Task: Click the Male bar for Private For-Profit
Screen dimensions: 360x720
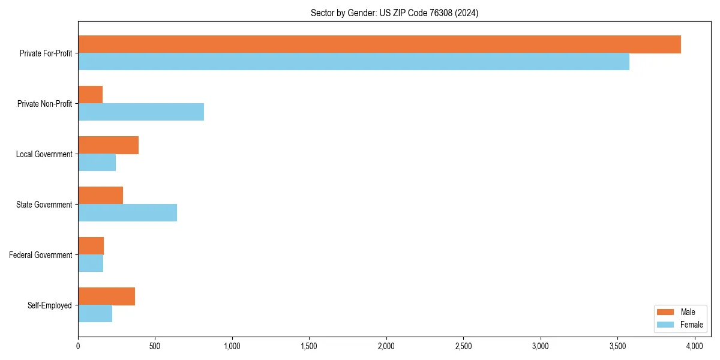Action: [379, 44]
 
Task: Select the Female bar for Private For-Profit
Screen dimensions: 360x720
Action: [353, 62]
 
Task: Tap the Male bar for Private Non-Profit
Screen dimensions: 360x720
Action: [90, 95]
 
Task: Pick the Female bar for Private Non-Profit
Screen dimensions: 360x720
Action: [141, 112]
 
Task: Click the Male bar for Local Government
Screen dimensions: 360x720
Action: [108, 145]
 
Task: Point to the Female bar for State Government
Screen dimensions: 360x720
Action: [127, 213]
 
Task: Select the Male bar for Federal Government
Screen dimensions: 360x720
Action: [91, 246]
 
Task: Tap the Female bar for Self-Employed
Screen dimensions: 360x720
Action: [95, 314]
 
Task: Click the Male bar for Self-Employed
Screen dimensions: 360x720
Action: [106, 296]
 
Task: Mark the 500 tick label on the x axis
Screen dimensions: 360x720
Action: [155, 346]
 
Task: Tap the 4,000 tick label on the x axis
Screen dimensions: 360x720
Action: [695, 346]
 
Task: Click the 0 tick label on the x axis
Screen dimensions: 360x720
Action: [78, 346]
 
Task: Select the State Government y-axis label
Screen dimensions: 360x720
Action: [44, 205]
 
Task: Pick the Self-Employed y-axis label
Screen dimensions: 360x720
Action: [49, 305]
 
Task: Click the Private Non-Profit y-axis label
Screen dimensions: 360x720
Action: [44, 104]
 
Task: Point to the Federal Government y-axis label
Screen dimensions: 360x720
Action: [40, 255]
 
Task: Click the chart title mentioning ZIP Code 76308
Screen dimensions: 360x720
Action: [394, 13]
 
